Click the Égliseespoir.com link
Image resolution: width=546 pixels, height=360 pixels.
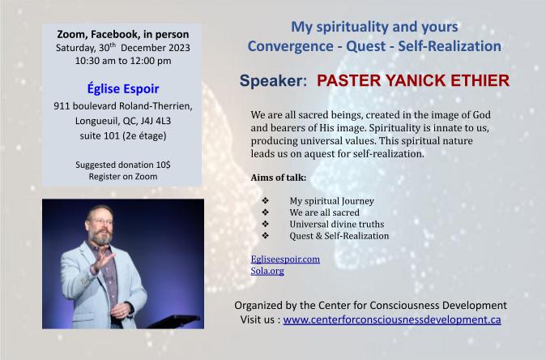click(285, 259)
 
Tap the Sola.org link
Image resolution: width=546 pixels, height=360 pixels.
click(267, 271)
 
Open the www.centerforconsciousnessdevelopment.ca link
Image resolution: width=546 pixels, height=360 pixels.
click(392, 320)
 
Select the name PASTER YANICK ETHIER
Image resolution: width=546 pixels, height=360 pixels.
click(412, 81)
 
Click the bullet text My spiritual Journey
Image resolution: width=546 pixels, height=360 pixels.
click(331, 201)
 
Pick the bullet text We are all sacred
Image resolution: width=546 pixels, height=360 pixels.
click(324, 212)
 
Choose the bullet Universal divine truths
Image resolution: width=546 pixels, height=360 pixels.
click(336, 224)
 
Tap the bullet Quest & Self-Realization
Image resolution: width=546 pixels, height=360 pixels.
click(339, 235)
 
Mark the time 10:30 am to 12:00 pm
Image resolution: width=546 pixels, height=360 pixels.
click(122, 60)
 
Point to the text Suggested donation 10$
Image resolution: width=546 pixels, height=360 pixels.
click(122, 165)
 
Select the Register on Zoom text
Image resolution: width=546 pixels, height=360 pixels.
click(122, 176)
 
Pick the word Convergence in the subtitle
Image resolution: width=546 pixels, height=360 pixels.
click(287, 46)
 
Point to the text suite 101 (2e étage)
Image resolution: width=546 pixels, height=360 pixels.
click(122, 135)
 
